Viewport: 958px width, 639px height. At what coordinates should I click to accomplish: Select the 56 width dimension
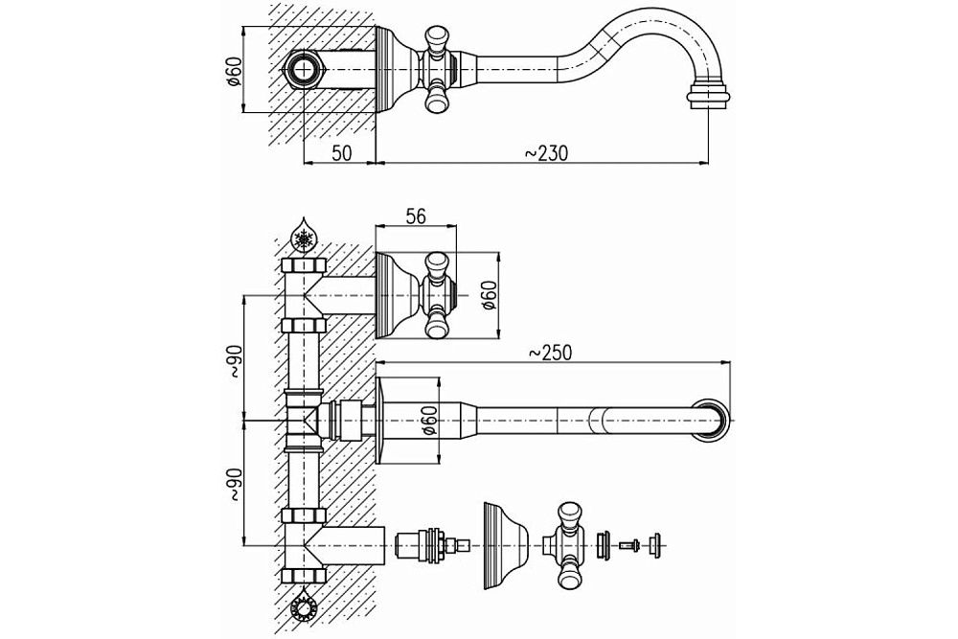(x=415, y=217)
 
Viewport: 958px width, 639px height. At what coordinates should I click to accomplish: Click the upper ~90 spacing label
(x=234, y=359)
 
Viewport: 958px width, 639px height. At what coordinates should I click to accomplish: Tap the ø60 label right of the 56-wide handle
(x=488, y=296)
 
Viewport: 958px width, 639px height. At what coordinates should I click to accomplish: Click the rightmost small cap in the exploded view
(x=657, y=545)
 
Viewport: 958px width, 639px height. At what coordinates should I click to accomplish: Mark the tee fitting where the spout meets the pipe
(x=306, y=421)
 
